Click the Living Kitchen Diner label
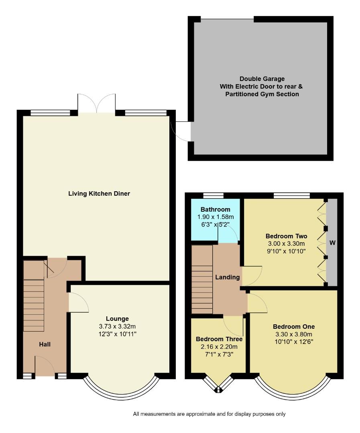(99, 194)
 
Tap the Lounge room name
(117, 319)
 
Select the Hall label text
(45, 344)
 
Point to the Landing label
(228, 277)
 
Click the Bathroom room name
(216, 209)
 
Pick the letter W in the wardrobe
(332, 243)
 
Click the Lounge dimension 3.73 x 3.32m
(117, 326)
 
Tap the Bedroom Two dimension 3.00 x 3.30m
(286, 243)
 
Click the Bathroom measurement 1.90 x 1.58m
(216, 217)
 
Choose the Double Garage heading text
(259, 79)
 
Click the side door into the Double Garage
(181, 131)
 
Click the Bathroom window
(213, 196)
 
